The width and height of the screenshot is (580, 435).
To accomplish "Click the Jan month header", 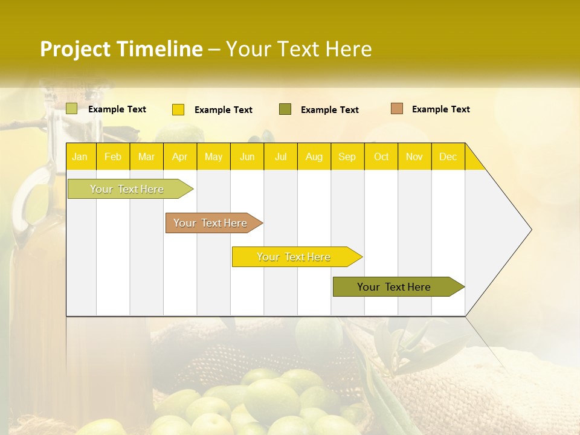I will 80,156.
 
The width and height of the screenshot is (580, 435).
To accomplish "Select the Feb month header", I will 113,156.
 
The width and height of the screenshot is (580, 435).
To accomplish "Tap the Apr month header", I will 179,156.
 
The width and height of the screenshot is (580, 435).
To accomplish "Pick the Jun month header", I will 247,156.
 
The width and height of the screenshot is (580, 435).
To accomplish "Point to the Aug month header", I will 314,156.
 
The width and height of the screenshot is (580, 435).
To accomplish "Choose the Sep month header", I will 347,156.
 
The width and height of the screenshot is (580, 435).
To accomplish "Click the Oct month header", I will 381,156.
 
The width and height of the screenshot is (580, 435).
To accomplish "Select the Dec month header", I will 448,156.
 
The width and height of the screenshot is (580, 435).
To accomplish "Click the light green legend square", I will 72,109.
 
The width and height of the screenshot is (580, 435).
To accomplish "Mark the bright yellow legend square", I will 178,109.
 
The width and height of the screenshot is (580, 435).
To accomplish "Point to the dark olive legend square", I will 285,109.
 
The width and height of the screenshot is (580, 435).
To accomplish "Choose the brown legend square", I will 397,109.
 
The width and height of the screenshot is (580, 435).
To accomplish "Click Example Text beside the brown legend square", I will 440,109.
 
